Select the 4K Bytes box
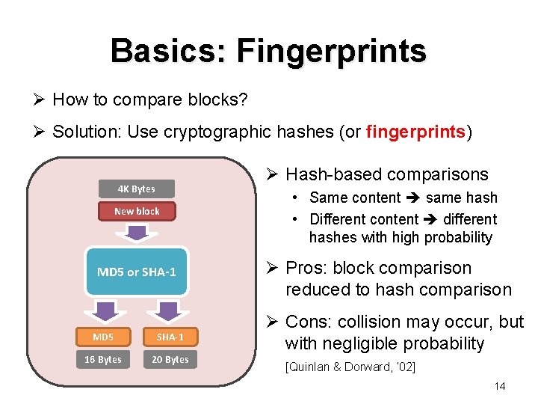tap(137, 189)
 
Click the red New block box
tap(137, 211)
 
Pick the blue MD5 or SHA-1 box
tap(137, 272)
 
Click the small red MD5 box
tap(103, 337)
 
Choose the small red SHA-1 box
tap(170, 337)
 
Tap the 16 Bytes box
tap(103, 359)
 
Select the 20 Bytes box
tap(170, 359)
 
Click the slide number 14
tap(500, 386)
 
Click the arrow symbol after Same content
tap(413, 198)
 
